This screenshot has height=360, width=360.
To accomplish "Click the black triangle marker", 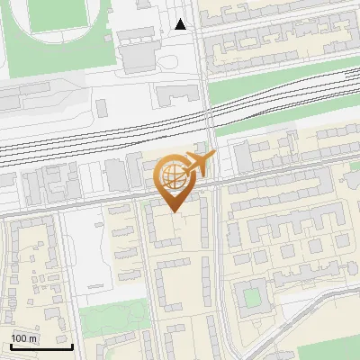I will click(181, 24).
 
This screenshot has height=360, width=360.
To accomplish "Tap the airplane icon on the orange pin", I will click(199, 163).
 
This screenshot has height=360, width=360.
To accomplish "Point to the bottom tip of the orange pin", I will click(174, 211).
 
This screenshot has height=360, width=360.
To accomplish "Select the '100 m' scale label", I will click(24, 338).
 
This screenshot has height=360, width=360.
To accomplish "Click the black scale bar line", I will click(41, 346).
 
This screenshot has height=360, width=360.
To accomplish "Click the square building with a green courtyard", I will click(252, 294).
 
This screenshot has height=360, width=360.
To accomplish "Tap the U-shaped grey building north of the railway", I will click(177, 94).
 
